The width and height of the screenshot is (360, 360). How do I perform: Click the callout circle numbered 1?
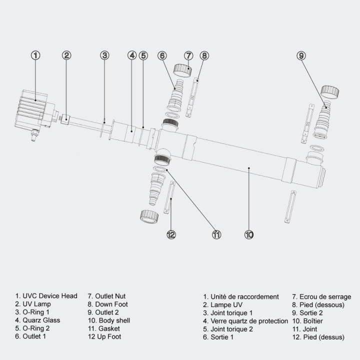pos(35,55)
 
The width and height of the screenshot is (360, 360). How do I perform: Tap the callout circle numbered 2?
pos(67,55)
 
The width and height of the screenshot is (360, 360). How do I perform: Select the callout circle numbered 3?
pos(104,55)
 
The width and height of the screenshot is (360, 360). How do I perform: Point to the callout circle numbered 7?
pos(188,55)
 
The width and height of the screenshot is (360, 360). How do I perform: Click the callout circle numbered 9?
pos(301,55)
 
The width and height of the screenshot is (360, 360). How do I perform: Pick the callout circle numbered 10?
pos(249,234)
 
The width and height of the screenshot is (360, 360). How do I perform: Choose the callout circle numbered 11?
pos(216,234)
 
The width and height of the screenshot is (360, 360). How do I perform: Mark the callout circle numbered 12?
pos(171,234)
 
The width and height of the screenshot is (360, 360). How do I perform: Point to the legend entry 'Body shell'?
pos(109,320)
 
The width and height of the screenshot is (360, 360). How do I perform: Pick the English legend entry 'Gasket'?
pos(104,328)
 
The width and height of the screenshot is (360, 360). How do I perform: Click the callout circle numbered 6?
pos(162,55)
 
